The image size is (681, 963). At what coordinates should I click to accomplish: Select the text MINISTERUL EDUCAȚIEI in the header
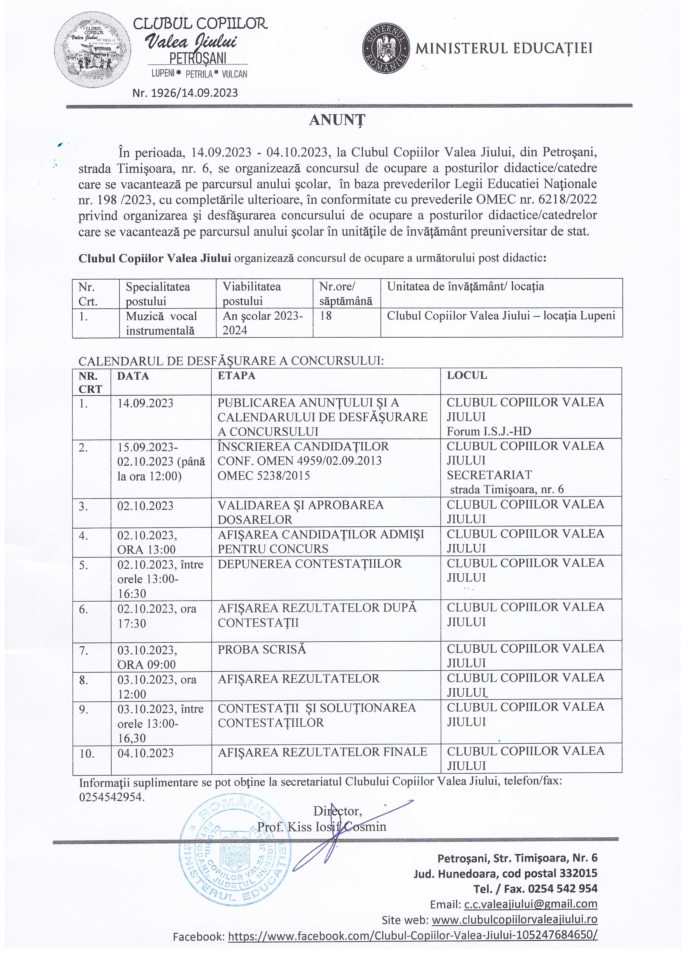coord(504,49)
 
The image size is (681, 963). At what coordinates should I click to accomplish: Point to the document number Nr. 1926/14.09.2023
coord(185,93)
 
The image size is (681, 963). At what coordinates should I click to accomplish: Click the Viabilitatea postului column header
coord(264,294)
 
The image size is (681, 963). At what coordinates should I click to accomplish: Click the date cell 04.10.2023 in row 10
coord(145,753)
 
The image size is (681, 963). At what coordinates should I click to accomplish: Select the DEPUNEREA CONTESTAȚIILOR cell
coord(309,564)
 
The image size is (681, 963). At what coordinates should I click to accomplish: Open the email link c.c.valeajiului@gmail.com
coord(531,904)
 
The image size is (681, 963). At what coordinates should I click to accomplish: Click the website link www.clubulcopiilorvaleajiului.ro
coord(514,920)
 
